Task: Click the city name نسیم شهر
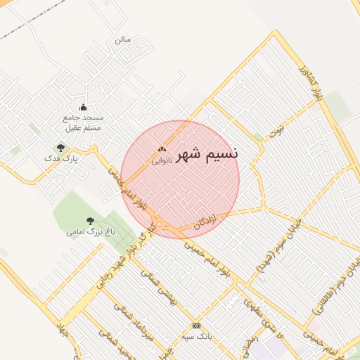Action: (x=207, y=153)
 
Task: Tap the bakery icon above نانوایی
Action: (x=162, y=149)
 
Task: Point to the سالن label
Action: (x=123, y=39)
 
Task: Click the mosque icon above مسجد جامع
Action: (x=84, y=107)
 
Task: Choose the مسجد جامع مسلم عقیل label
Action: (x=84, y=122)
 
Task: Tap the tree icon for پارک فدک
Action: (x=61, y=148)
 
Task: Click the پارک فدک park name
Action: (x=60, y=160)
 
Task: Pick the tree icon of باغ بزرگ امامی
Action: (x=90, y=220)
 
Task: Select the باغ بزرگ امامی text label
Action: (x=90, y=231)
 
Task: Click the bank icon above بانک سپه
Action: (x=196, y=326)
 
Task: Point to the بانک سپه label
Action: (x=196, y=337)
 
